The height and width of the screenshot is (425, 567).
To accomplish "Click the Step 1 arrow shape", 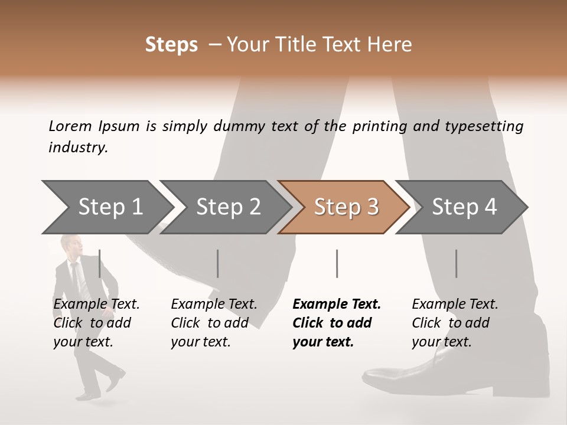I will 106,207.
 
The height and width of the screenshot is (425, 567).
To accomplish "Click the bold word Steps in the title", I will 171,45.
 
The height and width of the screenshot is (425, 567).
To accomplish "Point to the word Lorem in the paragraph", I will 70,126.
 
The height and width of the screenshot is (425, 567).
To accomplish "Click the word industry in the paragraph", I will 77,148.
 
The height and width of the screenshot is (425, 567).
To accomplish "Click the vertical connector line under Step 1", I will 99,263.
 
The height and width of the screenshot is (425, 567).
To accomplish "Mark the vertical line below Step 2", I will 218,263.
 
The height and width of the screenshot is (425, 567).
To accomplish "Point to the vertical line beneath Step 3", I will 337,263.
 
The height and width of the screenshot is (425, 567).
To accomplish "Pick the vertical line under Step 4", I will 457,263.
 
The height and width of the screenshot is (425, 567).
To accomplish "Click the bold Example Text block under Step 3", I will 337,323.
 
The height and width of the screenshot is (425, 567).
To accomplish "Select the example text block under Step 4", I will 455,323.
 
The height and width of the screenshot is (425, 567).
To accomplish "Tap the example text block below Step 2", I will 214,323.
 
